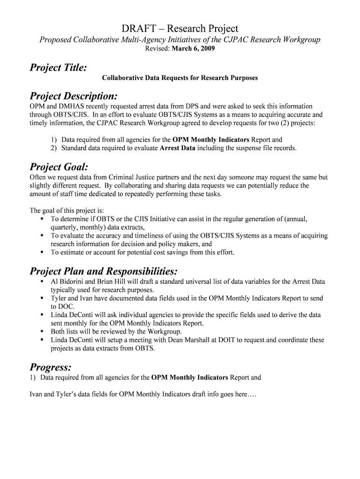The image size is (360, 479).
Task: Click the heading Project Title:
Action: tap(58, 68)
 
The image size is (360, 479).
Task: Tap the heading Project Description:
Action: tap(73, 96)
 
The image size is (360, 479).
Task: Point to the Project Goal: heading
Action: tap(59, 167)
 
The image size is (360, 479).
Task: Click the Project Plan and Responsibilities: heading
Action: tap(103, 271)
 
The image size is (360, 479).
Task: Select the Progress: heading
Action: tap(50, 366)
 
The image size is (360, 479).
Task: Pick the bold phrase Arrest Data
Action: tap(177, 148)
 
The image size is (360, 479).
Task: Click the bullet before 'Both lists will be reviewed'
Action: tap(42, 332)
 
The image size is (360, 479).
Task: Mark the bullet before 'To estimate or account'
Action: tap(42, 252)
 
